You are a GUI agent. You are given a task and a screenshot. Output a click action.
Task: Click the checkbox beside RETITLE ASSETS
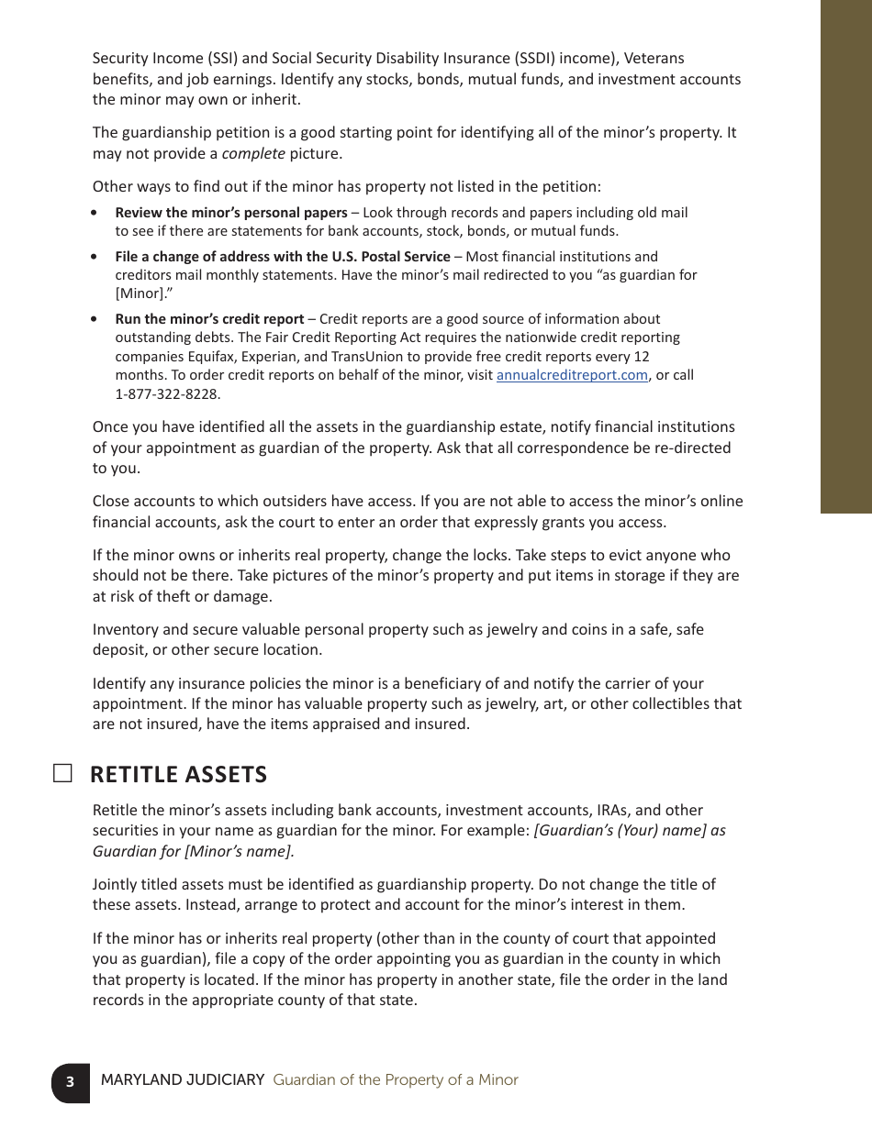[62, 773]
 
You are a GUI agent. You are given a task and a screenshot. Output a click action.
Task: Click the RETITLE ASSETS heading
[178, 775]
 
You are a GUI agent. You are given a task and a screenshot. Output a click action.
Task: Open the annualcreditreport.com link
[572, 375]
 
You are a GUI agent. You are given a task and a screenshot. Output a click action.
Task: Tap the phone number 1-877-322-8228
[168, 394]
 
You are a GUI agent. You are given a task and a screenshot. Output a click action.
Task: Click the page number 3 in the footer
[70, 1081]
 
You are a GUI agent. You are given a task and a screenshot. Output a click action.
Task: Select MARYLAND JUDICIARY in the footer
[183, 1080]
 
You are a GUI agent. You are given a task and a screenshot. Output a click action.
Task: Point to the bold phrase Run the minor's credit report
[209, 319]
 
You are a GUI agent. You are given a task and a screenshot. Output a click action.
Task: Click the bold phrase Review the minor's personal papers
[230, 213]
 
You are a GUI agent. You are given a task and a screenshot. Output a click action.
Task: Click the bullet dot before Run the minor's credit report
[95, 319]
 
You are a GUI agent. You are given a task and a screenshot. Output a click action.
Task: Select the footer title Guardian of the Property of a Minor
[396, 1080]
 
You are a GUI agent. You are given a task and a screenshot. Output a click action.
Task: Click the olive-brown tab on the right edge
[845, 257]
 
